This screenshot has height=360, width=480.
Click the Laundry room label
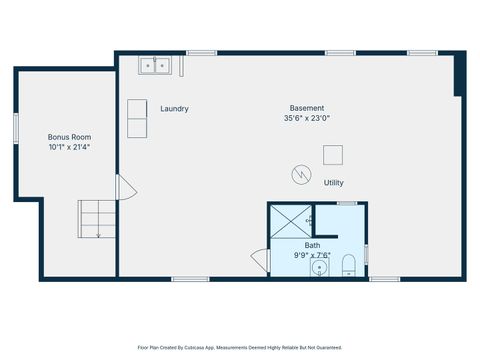pyautogui.click(x=174, y=109)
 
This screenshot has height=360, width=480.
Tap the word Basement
pyautogui.click(x=307, y=108)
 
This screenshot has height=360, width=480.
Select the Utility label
pyautogui.click(x=333, y=183)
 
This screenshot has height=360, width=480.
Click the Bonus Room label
pyautogui.click(x=70, y=137)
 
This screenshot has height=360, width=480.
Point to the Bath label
pyautogui.click(x=312, y=245)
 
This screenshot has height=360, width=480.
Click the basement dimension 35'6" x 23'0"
pyautogui.click(x=307, y=119)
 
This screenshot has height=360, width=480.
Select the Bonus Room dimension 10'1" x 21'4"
pyautogui.click(x=70, y=147)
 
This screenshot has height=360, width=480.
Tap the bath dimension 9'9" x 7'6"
pyautogui.click(x=312, y=255)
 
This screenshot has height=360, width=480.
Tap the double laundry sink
pyautogui.click(x=154, y=65)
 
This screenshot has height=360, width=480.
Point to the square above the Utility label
pyautogui.click(x=333, y=154)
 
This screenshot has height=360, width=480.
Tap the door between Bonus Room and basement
pyautogui.click(x=123, y=187)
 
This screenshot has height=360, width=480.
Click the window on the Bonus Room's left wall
pyautogui.click(x=15, y=129)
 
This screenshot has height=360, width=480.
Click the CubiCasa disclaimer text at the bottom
pyautogui.click(x=239, y=347)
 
